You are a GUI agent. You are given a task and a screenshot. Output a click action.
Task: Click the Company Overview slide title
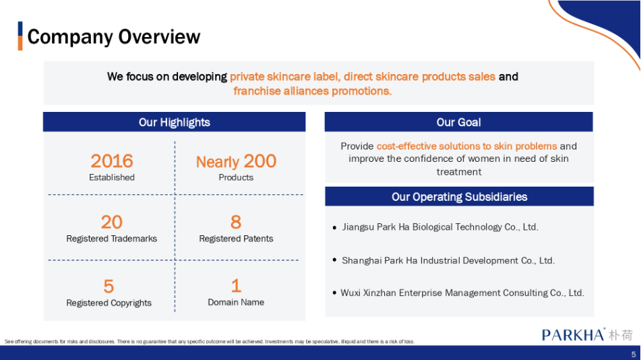point(114,37)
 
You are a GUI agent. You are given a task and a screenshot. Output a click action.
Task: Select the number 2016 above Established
point(112,160)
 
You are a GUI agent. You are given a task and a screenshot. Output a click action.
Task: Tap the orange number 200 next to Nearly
point(260,160)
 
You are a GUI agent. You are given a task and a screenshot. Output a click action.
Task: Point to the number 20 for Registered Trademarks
point(112,222)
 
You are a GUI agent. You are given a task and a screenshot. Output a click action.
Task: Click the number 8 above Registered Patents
point(236,222)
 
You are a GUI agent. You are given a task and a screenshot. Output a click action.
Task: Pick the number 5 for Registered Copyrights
point(109,287)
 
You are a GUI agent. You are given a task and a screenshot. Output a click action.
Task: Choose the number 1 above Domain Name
point(236,286)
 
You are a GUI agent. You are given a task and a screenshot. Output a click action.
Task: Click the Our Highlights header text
point(174,122)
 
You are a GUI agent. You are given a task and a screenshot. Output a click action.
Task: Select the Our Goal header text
point(458,122)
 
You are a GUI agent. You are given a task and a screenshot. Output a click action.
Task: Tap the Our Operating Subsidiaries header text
point(460,197)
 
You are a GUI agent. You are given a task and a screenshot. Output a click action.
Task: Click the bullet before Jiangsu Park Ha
point(335,228)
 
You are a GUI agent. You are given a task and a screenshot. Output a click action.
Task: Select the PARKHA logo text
point(573,334)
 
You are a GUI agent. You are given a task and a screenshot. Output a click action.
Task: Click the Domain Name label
point(236,302)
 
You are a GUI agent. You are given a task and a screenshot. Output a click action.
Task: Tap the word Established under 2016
point(112,177)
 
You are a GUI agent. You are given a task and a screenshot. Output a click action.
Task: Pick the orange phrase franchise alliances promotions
point(312,91)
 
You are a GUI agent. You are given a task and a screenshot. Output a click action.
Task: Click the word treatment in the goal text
point(458,172)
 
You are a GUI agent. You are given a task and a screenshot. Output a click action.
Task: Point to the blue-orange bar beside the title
point(20,36)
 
